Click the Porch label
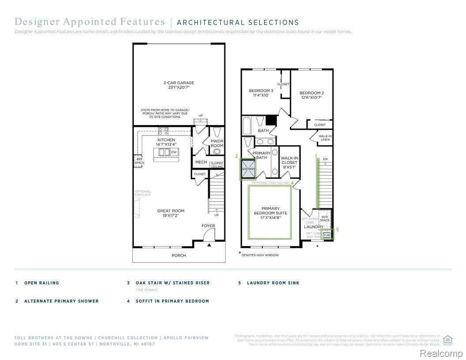click(x=179, y=255)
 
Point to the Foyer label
click(x=208, y=226)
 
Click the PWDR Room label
click(x=217, y=143)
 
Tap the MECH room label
click(x=201, y=162)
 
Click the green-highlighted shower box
click(x=248, y=169)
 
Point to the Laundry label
click(x=314, y=227)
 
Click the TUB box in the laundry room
click(x=326, y=235)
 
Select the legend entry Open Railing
click(x=42, y=283)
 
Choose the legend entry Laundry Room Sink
click(x=273, y=283)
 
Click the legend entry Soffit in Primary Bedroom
click(x=172, y=301)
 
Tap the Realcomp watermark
click(x=441, y=353)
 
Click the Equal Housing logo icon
click(x=447, y=339)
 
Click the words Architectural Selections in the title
click(x=238, y=22)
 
